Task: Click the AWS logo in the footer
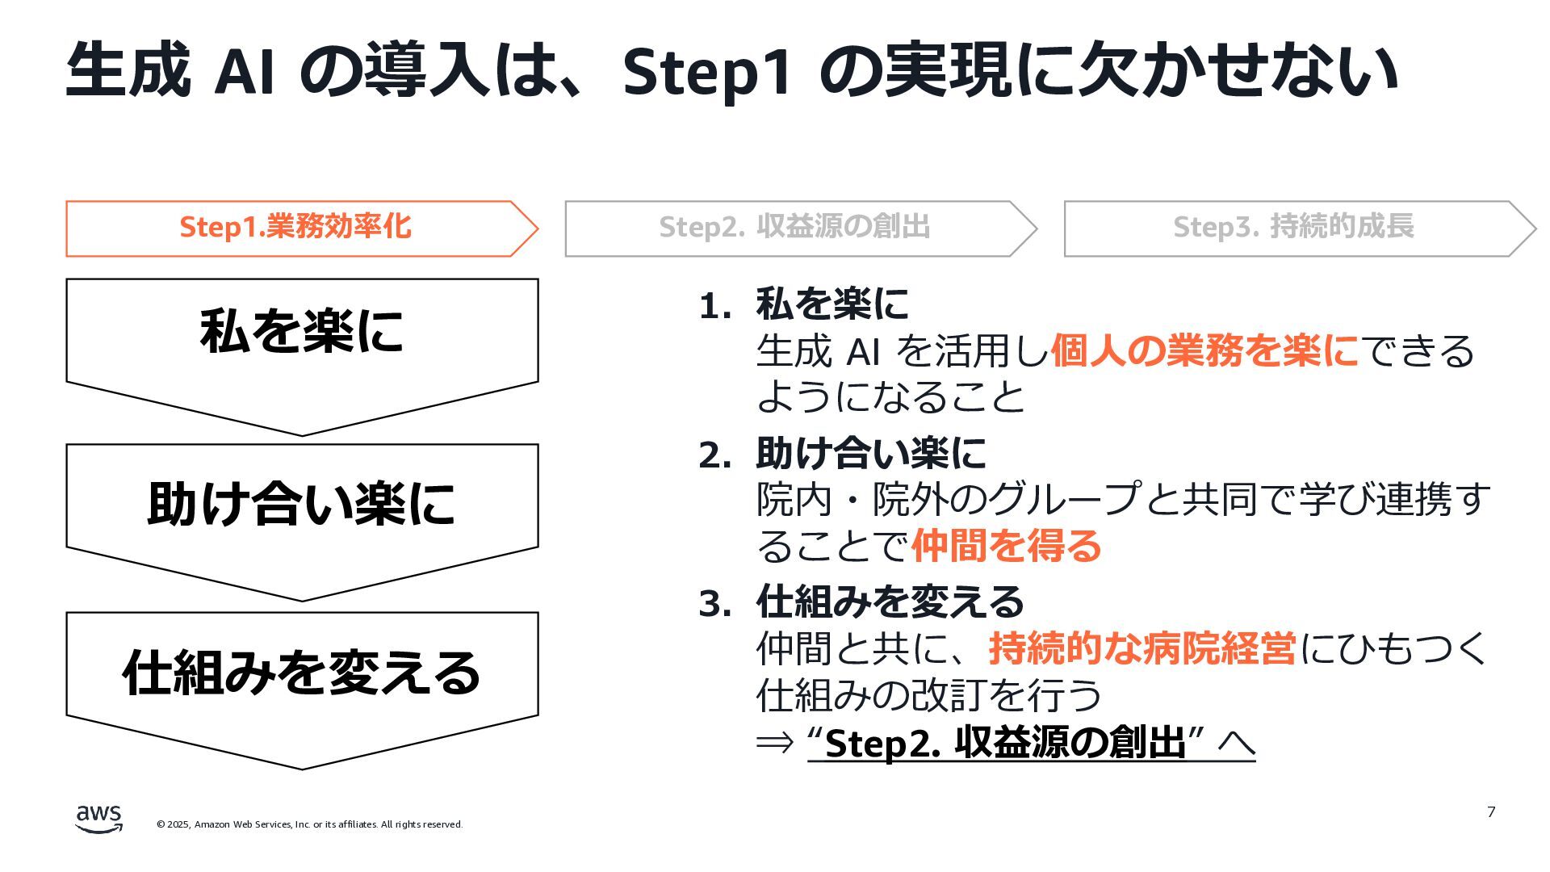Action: click(x=99, y=818)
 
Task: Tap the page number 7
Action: click(x=1491, y=811)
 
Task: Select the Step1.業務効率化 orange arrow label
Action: click(x=295, y=227)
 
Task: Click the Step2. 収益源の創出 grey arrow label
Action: click(x=794, y=227)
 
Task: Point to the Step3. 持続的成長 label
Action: click(x=1293, y=227)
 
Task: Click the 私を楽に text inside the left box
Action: click(x=301, y=332)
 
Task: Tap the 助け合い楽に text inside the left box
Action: click(x=301, y=503)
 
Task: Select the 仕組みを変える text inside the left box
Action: click(x=301, y=673)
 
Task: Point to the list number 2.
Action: click(x=714, y=455)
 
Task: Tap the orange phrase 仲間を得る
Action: click(x=1006, y=546)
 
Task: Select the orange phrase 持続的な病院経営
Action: click(x=1142, y=648)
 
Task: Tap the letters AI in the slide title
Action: click(x=244, y=71)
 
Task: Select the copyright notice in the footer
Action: click(x=309, y=824)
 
